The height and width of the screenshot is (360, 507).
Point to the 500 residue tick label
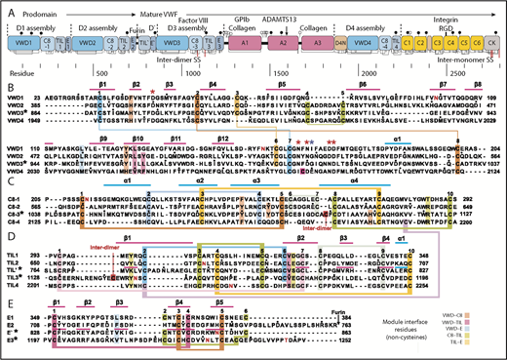(x=98, y=73)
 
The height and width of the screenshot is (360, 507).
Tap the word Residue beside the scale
(x=23, y=73)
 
